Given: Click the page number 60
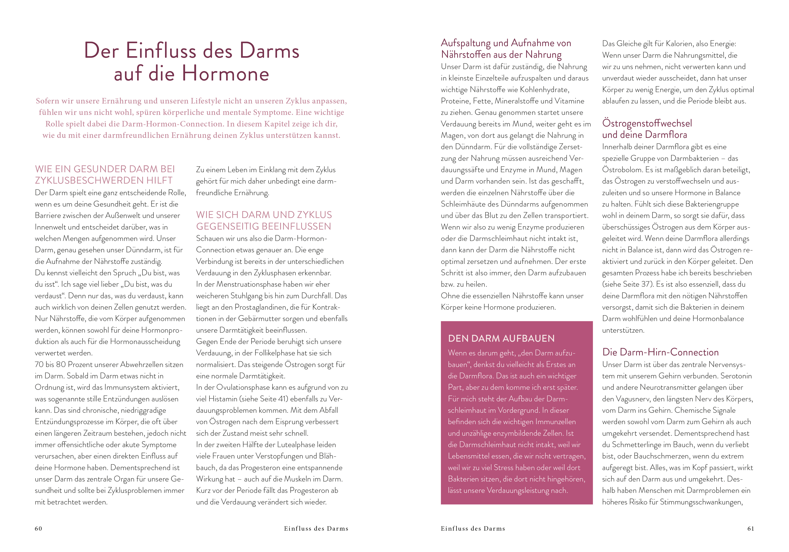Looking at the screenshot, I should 39,528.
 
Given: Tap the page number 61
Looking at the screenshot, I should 750,528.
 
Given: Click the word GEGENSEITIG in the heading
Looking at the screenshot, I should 227,226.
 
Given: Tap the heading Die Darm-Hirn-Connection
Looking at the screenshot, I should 660,352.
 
